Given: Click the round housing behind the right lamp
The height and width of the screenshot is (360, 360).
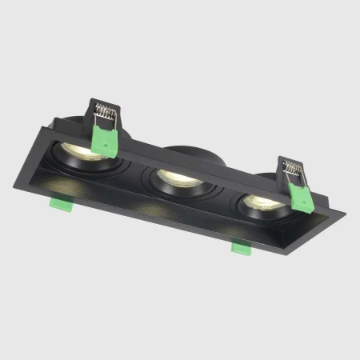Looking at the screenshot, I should click(272, 178).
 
